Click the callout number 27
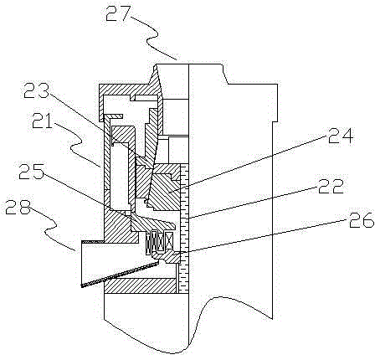click(118, 13)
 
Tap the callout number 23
click(36, 90)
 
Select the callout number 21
click(43, 121)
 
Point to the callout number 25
click(31, 171)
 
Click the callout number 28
click(18, 207)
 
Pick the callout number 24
click(341, 135)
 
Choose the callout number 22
click(331, 186)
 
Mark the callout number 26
click(362, 219)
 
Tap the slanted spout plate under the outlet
click(120, 274)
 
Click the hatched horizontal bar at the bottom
click(141, 285)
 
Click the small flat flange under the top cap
click(113, 116)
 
